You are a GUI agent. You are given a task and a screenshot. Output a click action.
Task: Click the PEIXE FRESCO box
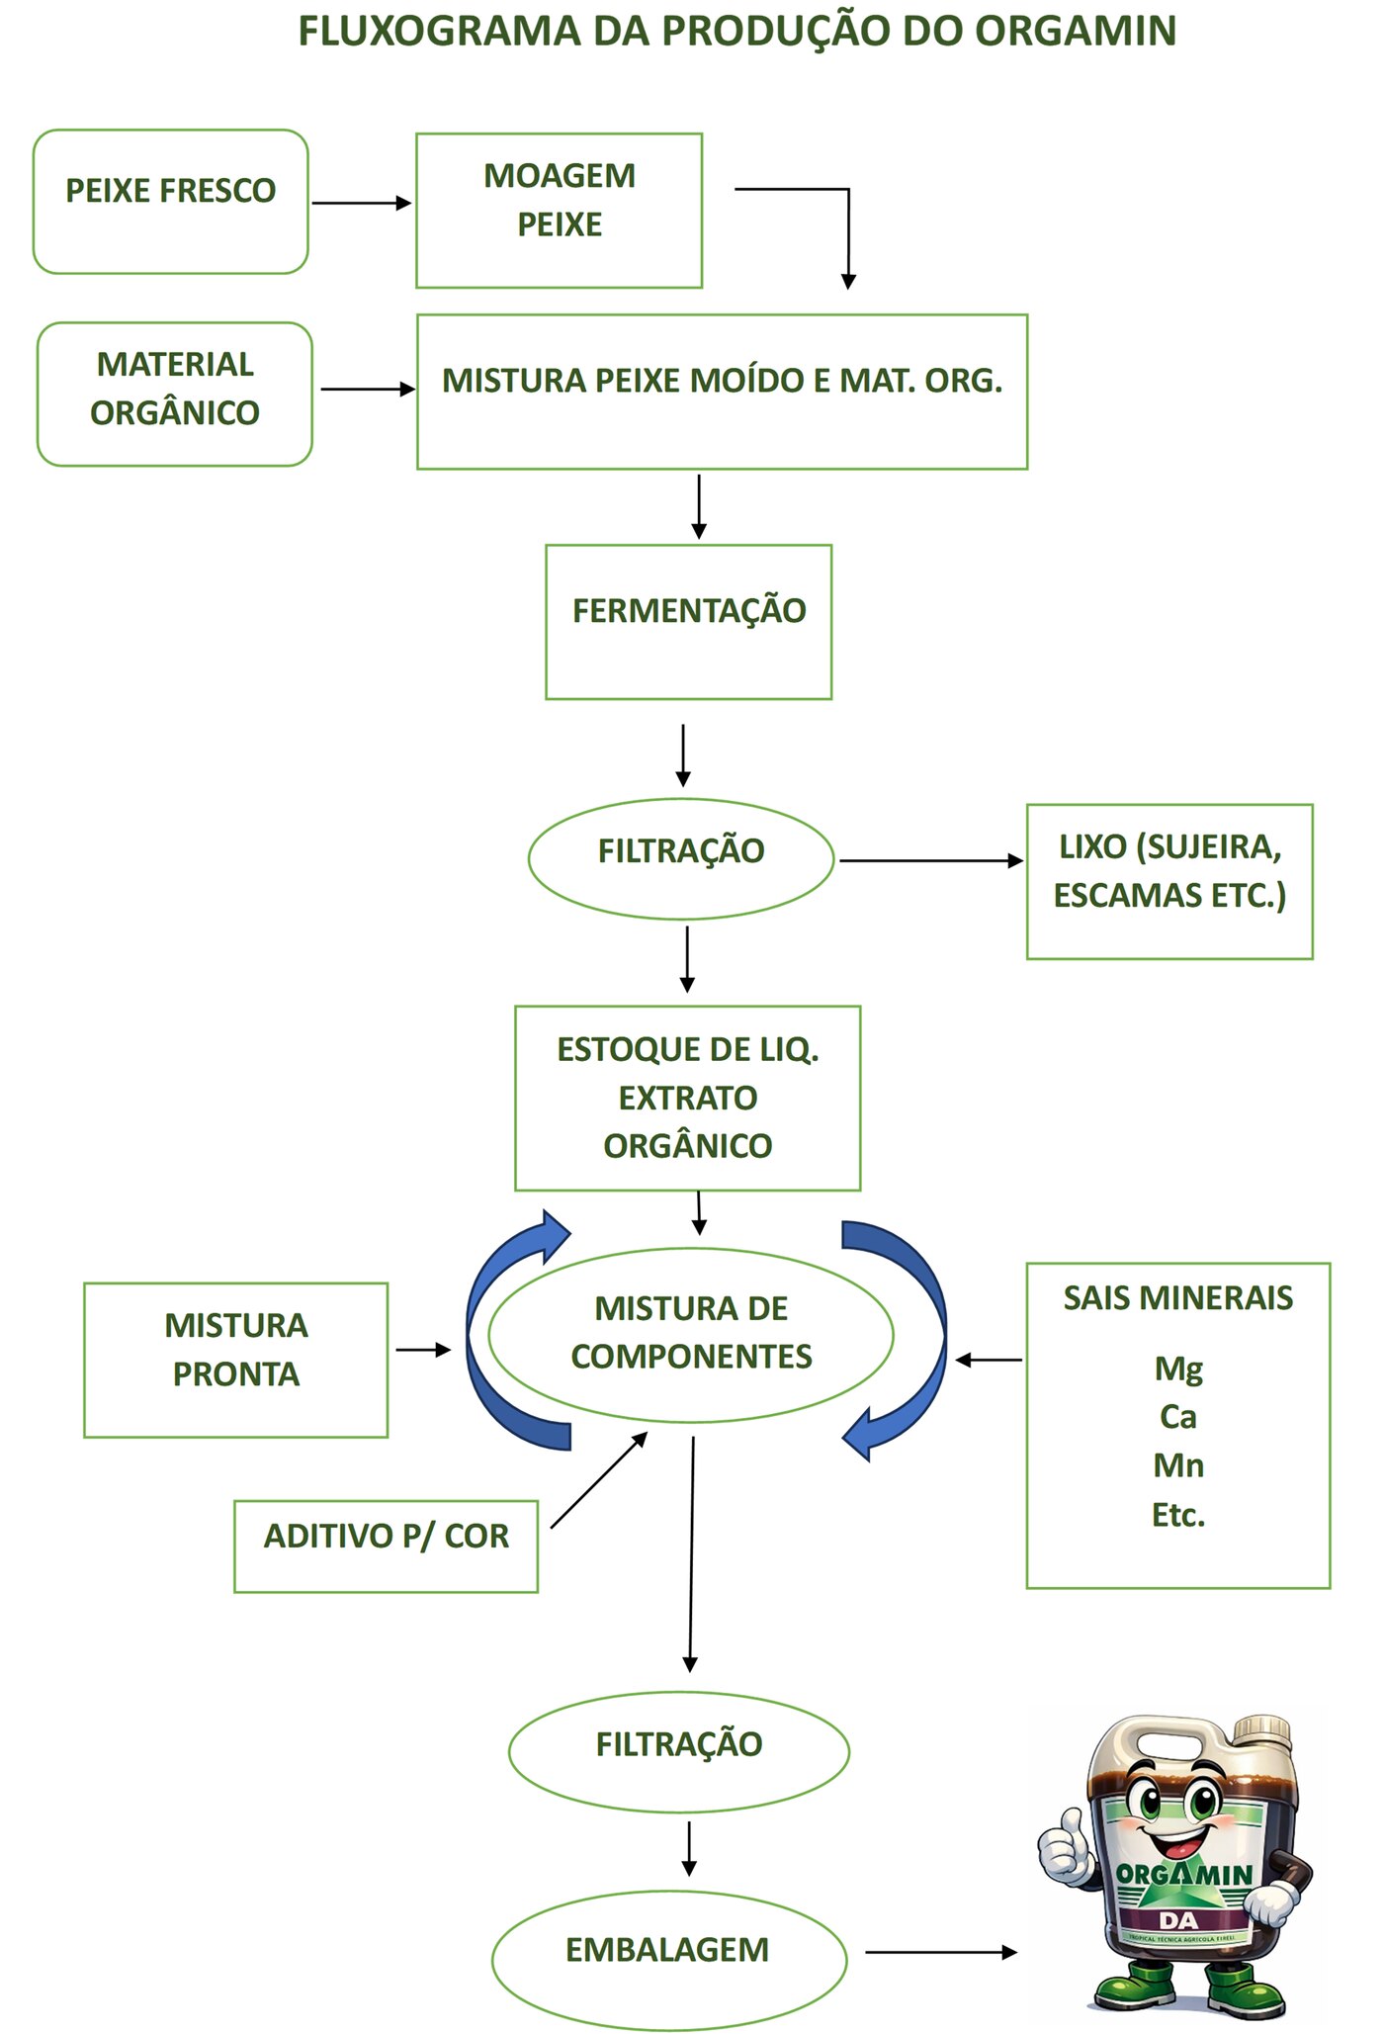[171, 202]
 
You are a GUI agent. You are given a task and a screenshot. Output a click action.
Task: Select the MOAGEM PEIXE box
[560, 211]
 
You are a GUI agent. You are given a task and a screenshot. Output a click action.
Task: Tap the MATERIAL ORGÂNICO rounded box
[175, 394]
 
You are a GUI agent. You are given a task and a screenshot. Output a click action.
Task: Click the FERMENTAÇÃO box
[689, 622]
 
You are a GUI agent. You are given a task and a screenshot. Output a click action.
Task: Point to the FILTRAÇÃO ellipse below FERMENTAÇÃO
[681, 859]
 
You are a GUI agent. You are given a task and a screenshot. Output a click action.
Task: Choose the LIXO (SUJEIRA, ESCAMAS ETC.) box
[1169, 881]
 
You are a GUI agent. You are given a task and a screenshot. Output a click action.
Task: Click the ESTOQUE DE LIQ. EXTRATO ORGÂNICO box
[688, 1098]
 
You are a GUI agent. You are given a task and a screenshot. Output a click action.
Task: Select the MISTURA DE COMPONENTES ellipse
[691, 1335]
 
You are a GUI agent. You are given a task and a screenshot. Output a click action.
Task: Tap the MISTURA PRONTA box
[236, 1360]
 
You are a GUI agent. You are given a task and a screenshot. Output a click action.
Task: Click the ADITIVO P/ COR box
[387, 1547]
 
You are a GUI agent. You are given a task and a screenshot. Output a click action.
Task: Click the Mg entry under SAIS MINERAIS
[1178, 1371]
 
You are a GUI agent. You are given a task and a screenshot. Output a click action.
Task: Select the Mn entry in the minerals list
[1178, 1465]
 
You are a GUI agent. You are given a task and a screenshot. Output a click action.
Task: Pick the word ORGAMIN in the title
[1076, 32]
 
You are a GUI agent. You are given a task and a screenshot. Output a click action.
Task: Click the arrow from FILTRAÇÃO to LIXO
[931, 860]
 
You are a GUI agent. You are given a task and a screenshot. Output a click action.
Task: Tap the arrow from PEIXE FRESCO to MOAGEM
[362, 203]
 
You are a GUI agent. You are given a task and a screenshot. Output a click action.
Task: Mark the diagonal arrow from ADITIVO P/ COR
[599, 1480]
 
